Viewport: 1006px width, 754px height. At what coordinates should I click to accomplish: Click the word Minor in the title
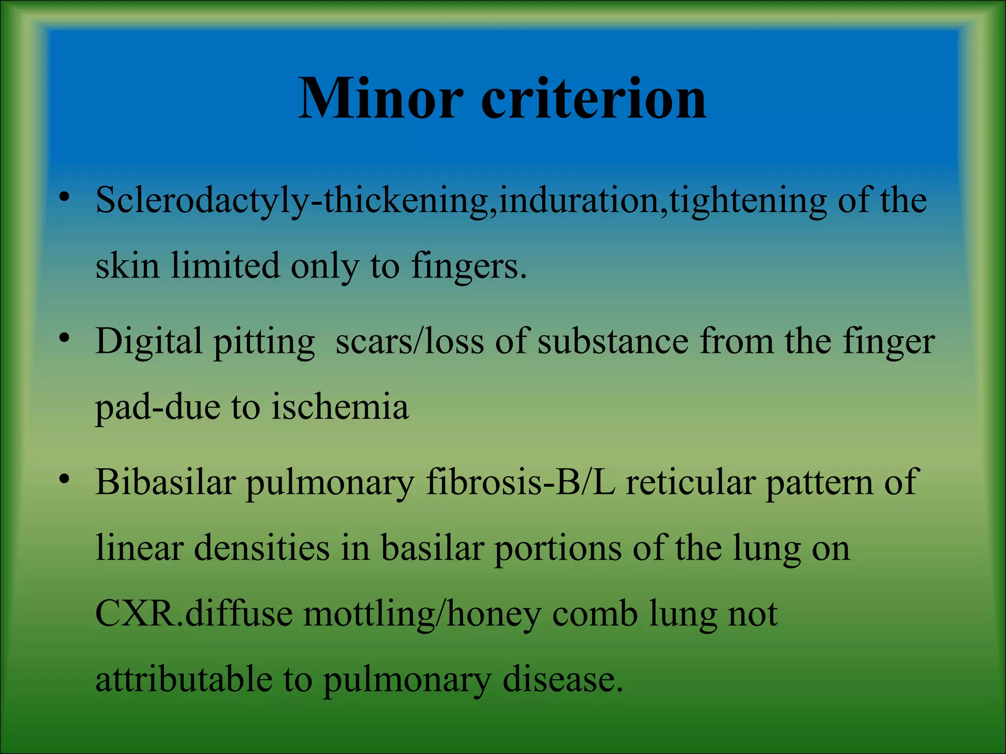coord(381,99)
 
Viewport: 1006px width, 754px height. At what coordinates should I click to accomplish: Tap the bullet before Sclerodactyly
coord(64,197)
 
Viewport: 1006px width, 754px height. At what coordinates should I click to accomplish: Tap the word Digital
coord(149,342)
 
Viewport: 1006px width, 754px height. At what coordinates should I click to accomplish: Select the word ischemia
coord(340,407)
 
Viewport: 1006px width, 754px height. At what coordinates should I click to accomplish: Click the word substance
coord(613,342)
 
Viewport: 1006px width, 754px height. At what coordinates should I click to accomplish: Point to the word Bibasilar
coord(166,483)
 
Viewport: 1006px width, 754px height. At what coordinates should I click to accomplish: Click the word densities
coord(262,548)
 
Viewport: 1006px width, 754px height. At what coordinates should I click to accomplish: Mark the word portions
coord(558,548)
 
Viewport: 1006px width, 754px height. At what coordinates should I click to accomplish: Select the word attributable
coord(184,680)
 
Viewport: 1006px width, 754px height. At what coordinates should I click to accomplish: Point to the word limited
coord(225,267)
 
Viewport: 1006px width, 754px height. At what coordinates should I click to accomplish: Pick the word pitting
coord(264,342)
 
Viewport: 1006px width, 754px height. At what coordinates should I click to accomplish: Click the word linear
coord(140,548)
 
